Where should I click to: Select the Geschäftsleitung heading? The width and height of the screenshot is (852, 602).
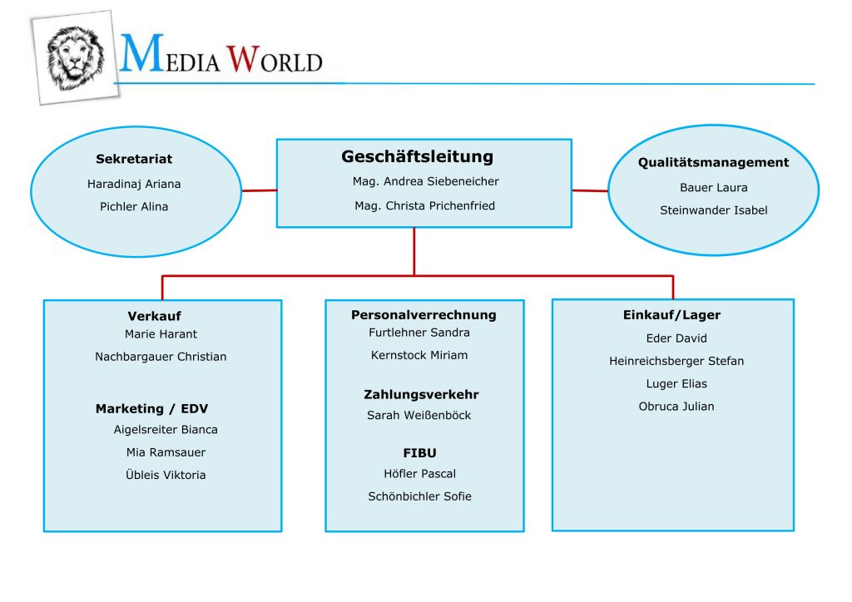point(417,156)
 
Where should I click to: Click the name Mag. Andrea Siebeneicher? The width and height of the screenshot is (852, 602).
point(425,181)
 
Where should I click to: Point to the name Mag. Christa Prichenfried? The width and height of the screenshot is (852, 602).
point(424,205)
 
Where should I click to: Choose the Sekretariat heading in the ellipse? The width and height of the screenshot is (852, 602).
point(134,159)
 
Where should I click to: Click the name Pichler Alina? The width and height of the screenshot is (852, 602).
point(134,207)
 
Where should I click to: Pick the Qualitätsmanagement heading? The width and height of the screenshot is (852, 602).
point(713,163)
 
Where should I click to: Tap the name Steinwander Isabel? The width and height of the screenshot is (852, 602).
point(713,210)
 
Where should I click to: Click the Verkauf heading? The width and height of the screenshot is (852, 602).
point(154,317)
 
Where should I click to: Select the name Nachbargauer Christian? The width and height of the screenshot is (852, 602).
point(161,357)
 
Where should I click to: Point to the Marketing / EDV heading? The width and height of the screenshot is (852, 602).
point(151,409)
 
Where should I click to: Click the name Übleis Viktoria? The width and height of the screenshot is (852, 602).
point(166,476)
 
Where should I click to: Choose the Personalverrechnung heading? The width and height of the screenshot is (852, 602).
point(424,315)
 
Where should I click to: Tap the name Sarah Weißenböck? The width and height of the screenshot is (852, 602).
point(419,416)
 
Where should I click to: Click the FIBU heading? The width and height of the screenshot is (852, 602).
point(419,453)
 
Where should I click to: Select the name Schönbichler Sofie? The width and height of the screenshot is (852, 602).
point(419,496)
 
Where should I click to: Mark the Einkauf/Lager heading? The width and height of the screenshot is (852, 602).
point(671,315)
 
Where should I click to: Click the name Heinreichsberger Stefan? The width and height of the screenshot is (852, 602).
point(676,361)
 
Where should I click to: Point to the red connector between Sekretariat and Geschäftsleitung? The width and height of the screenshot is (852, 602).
point(259,190)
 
